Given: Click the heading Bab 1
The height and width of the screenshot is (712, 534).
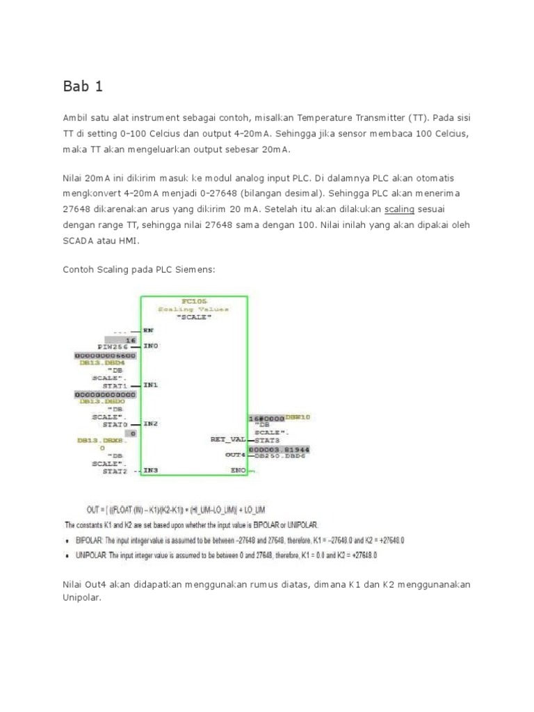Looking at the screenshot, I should [82, 88].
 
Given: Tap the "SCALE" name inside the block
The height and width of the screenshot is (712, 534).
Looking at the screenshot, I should [194, 316].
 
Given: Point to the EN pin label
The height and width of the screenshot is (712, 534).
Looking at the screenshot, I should [148, 330].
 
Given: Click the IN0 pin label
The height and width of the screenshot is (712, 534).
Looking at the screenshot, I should [150, 346].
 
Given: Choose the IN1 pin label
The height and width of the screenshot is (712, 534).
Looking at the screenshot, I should [150, 384].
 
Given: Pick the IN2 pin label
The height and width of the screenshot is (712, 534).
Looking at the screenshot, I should [150, 423].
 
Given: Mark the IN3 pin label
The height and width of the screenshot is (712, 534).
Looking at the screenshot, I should [150, 470].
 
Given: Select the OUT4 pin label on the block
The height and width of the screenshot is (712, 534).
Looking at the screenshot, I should [234, 455].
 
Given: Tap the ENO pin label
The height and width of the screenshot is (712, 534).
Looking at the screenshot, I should [237, 470].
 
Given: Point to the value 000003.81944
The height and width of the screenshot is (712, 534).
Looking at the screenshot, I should [279, 450].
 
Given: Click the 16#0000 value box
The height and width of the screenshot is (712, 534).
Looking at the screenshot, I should [267, 419].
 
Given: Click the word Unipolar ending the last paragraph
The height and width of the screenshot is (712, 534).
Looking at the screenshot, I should [78, 597].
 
